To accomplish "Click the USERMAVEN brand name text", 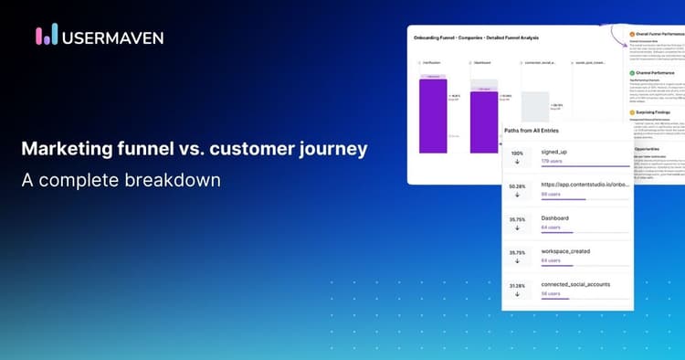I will (x=112, y=37).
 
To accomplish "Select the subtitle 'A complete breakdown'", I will (x=121, y=180).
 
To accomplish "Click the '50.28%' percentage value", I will (x=517, y=186).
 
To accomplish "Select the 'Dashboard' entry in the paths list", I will (x=556, y=217).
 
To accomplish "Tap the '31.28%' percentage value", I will (x=517, y=284).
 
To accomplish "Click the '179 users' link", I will (x=551, y=161).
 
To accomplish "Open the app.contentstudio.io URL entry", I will (x=585, y=185).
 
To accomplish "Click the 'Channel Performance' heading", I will (x=657, y=71).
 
